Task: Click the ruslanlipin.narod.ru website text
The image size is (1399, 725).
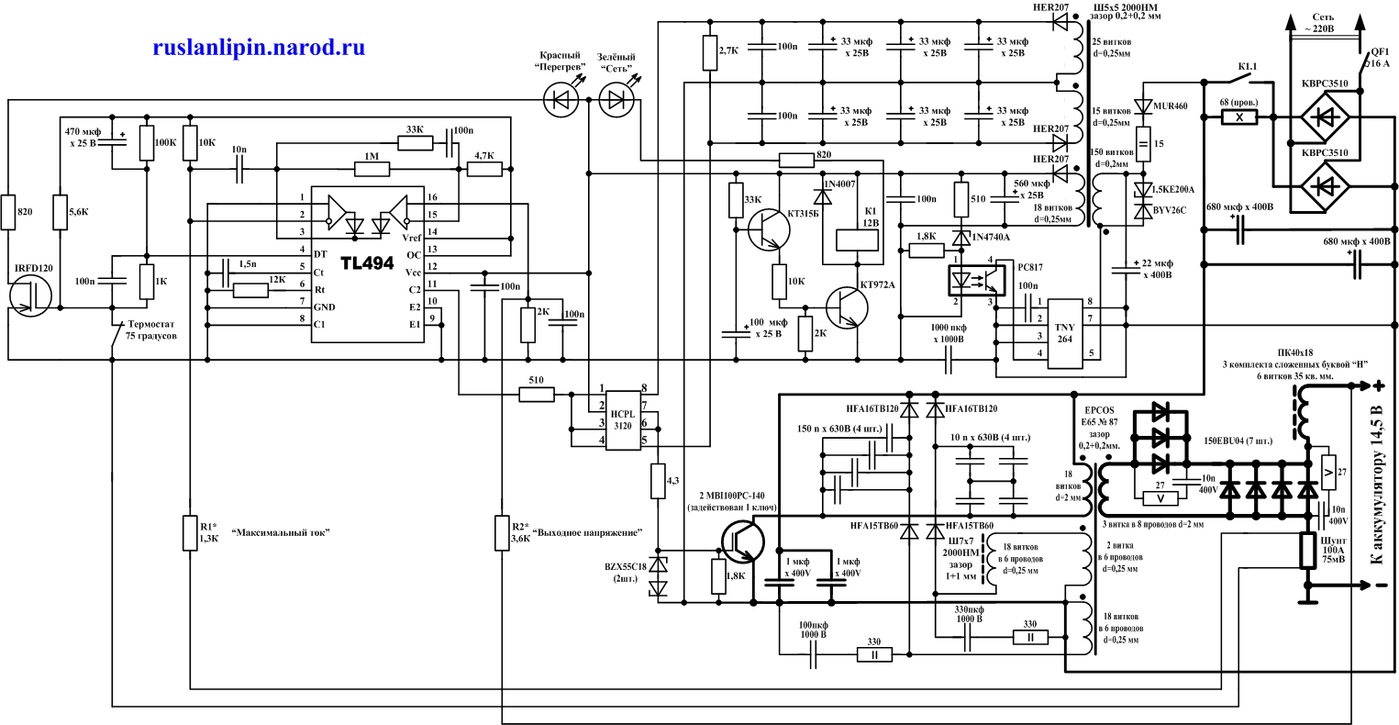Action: pos(258,48)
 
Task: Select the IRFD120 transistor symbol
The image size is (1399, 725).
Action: pos(31,299)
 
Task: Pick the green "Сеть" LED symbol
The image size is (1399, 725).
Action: pos(616,99)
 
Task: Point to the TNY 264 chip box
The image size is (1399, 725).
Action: pos(1064,333)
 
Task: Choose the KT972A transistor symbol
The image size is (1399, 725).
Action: pos(846,307)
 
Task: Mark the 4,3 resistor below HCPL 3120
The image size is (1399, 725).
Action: pos(658,481)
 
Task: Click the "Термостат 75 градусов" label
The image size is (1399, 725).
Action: pos(150,329)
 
